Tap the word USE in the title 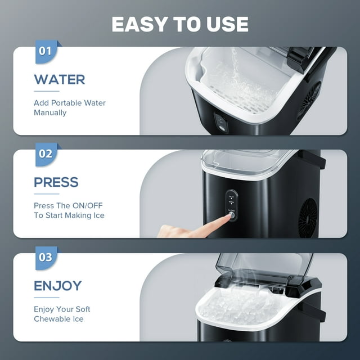pyautogui.click(x=227, y=24)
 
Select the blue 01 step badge pyautogui.click(x=46, y=51)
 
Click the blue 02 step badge pyautogui.click(x=46, y=154)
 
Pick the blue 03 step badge pyautogui.click(x=46, y=258)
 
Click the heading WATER pyautogui.click(x=60, y=80)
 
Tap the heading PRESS pyautogui.click(x=56, y=182)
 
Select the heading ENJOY pyautogui.click(x=57, y=286)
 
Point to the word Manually pyautogui.click(x=50, y=112)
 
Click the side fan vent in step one pyautogui.click(x=309, y=101)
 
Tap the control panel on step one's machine pyautogui.click(x=221, y=123)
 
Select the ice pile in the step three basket pyautogui.click(x=241, y=308)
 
